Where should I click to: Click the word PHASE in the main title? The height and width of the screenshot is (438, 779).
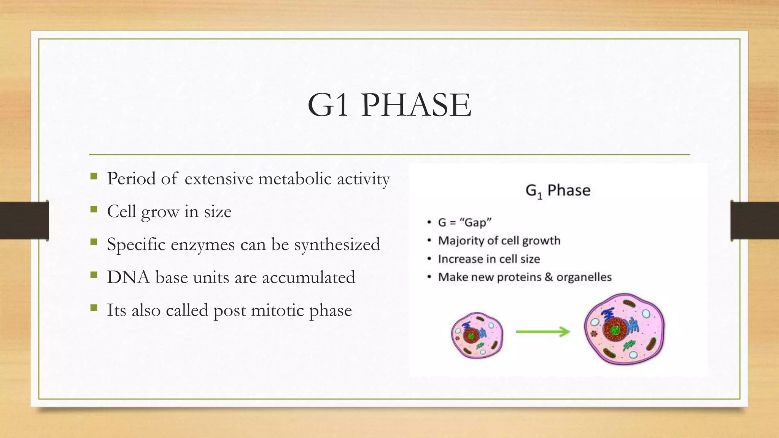point(417,105)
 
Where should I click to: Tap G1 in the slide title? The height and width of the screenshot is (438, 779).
point(328,105)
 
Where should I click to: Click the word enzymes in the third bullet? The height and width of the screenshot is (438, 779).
point(202,244)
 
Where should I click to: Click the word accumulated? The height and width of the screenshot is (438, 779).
point(308,277)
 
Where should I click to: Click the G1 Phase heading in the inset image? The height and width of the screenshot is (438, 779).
point(558,190)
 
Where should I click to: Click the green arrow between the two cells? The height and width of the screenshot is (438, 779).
point(543,332)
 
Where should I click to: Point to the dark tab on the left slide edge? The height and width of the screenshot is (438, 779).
point(24,221)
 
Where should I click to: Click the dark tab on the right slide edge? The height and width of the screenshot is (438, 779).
point(755,221)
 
